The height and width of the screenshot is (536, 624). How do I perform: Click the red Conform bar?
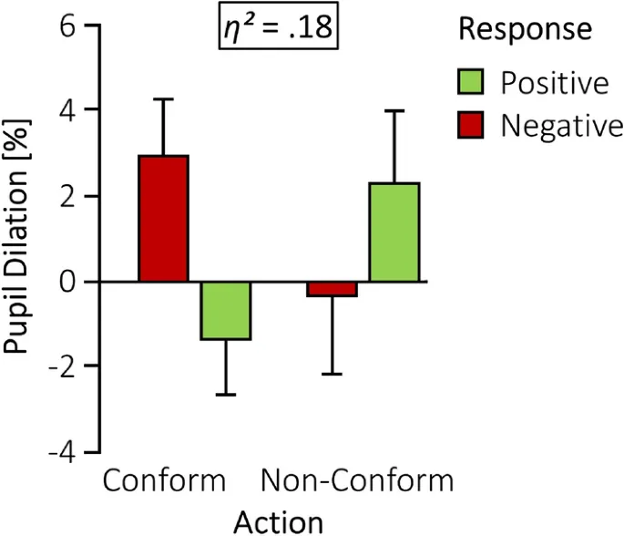coord(163,219)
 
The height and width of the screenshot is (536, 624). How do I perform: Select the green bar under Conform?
coord(226,311)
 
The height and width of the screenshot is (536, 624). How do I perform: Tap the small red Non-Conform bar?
coord(332,290)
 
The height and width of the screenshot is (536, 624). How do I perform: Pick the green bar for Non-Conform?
coord(394,232)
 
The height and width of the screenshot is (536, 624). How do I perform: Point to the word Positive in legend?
coord(555,85)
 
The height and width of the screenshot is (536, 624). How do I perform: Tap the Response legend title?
coord(526,30)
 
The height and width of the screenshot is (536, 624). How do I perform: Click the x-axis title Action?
coord(279,521)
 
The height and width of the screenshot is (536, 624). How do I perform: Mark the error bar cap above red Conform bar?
coord(163,98)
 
